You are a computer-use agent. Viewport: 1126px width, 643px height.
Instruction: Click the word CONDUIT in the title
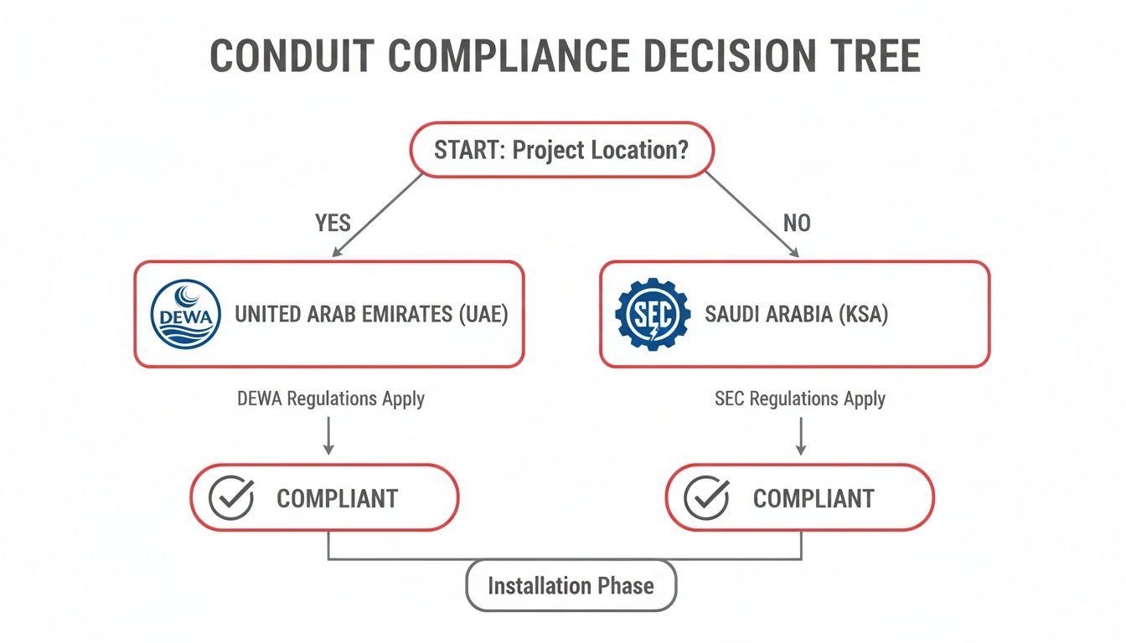click(292, 56)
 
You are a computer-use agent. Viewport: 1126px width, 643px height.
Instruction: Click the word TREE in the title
click(872, 56)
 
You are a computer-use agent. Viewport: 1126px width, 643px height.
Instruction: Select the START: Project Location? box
click(562, 150)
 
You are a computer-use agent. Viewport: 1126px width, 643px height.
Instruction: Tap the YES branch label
click(333, 223)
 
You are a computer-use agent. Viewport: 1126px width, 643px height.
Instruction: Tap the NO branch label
click(797, 223)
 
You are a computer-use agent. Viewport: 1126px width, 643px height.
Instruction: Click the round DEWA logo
click(186, 314)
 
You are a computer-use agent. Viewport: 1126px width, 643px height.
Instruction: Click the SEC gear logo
click(653, 314)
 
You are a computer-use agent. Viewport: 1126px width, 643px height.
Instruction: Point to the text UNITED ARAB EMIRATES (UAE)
click(371, 315)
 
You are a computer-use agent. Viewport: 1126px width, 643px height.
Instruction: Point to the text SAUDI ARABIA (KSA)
click(796, 315)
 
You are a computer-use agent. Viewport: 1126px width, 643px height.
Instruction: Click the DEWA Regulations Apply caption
click(331, 399)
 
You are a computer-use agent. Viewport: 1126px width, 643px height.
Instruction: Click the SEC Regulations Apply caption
click(800, 399)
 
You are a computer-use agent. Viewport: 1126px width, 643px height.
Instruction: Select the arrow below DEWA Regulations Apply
click(328, 435)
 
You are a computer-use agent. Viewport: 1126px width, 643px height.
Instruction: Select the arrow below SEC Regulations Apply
click(801, 435)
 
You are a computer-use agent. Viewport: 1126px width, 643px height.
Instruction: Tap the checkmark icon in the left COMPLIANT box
click(230, 497)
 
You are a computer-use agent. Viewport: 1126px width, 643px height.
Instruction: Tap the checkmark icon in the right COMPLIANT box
click(706, 497)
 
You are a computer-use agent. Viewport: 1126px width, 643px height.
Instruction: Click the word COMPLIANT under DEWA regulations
click(338, 499)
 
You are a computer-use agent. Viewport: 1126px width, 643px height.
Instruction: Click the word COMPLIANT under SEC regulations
click(814, 499)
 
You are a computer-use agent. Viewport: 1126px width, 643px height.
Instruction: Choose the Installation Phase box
click(571, 586)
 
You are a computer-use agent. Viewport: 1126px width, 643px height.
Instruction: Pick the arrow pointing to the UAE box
click(377, 215)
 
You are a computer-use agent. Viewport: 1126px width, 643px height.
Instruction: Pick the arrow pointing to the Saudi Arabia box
click(752, 215)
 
